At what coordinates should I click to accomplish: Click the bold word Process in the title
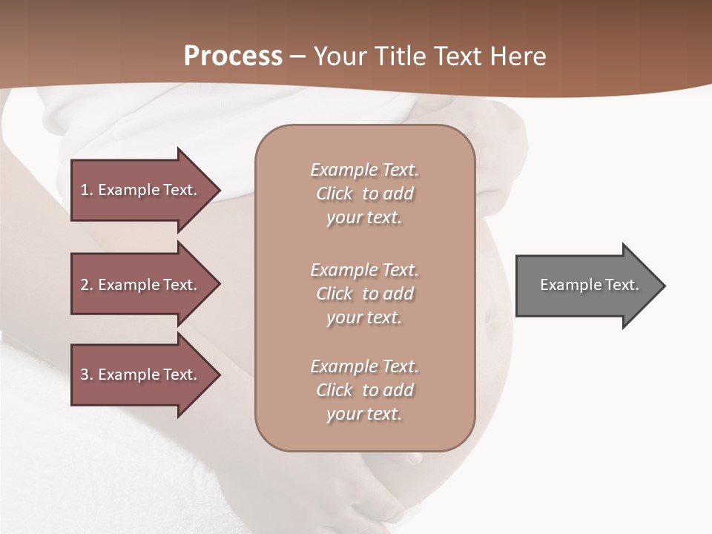233,56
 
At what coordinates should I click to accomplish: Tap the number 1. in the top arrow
87,190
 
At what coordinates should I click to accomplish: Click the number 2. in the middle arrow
87,285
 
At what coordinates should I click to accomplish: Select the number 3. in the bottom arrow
87,375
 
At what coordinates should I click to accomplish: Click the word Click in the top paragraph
334,194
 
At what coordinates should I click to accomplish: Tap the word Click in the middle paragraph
334,294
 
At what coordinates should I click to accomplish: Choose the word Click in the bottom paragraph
334,391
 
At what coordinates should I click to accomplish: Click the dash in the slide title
297,57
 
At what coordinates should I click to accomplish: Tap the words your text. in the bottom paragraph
364,415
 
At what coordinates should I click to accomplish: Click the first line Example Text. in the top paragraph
364,171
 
